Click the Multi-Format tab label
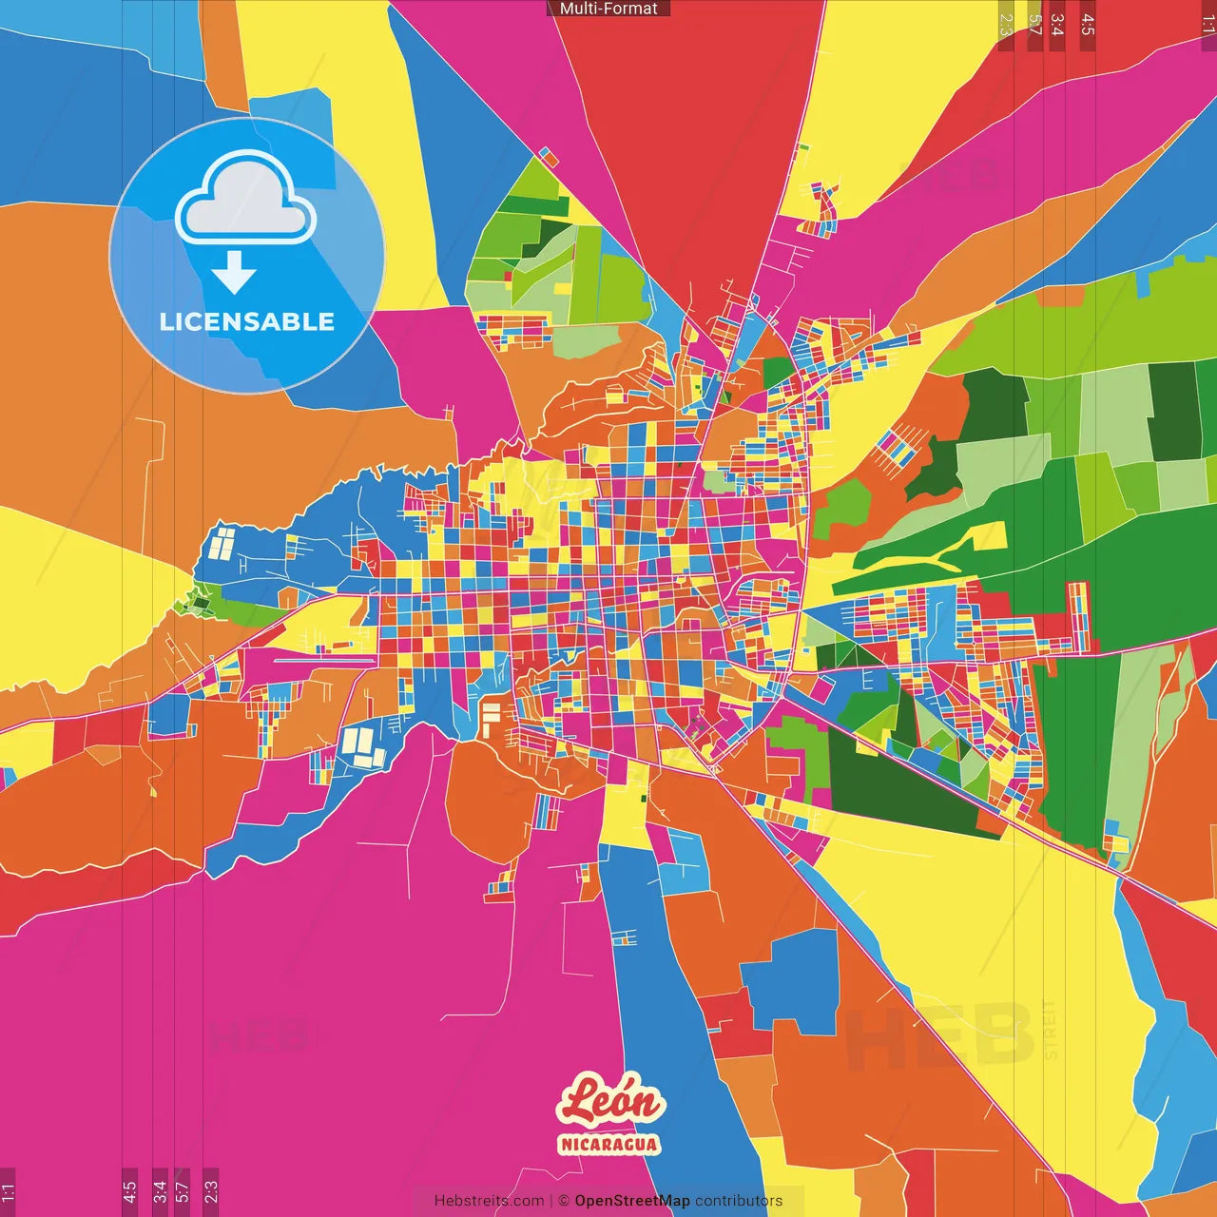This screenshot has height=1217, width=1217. (x=608, y=9)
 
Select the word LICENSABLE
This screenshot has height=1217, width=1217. (x=247, y=321)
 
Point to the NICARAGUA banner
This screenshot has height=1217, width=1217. (x=608, y=1144)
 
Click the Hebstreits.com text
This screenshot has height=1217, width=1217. (x=489, y=1201)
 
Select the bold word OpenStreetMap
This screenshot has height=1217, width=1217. (x=632, y=1201)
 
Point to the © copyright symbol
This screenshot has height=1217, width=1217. (x=564, y=1201)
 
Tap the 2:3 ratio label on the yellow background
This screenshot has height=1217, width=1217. (x=1006, y=24)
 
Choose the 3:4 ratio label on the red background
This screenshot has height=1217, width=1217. (x=1057, y=24)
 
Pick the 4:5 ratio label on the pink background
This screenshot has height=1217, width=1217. (x=130, y=1191)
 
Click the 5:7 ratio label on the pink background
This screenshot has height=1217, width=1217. (x=183, y=1191)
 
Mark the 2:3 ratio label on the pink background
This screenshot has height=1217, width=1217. (x=211, y=1191)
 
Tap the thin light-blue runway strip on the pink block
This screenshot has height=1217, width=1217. (x=323, y=657)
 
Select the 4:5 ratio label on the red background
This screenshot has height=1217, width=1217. (x=1088, y=24)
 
